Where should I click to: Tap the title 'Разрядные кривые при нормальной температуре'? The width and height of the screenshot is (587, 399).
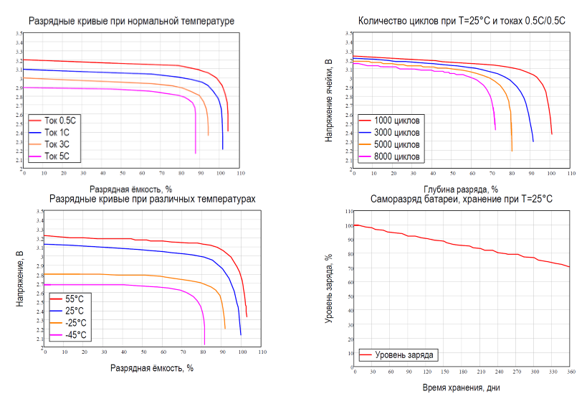pyautogui.click(x=132, y=22)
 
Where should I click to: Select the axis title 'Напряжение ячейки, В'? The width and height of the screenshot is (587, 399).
pyautogui.click(x=329, y=100)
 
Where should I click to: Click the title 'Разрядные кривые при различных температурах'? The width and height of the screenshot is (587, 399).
pyautogui.click(x=151, y=199)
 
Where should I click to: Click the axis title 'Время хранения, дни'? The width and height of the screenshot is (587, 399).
pyautogui.click(x=462, y=388)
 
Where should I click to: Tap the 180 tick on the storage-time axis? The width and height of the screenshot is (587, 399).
pyautogui.click(x=462, y=372)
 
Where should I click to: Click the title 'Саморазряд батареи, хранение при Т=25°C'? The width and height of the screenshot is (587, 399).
pyautogui.click(x=462, y=199)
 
